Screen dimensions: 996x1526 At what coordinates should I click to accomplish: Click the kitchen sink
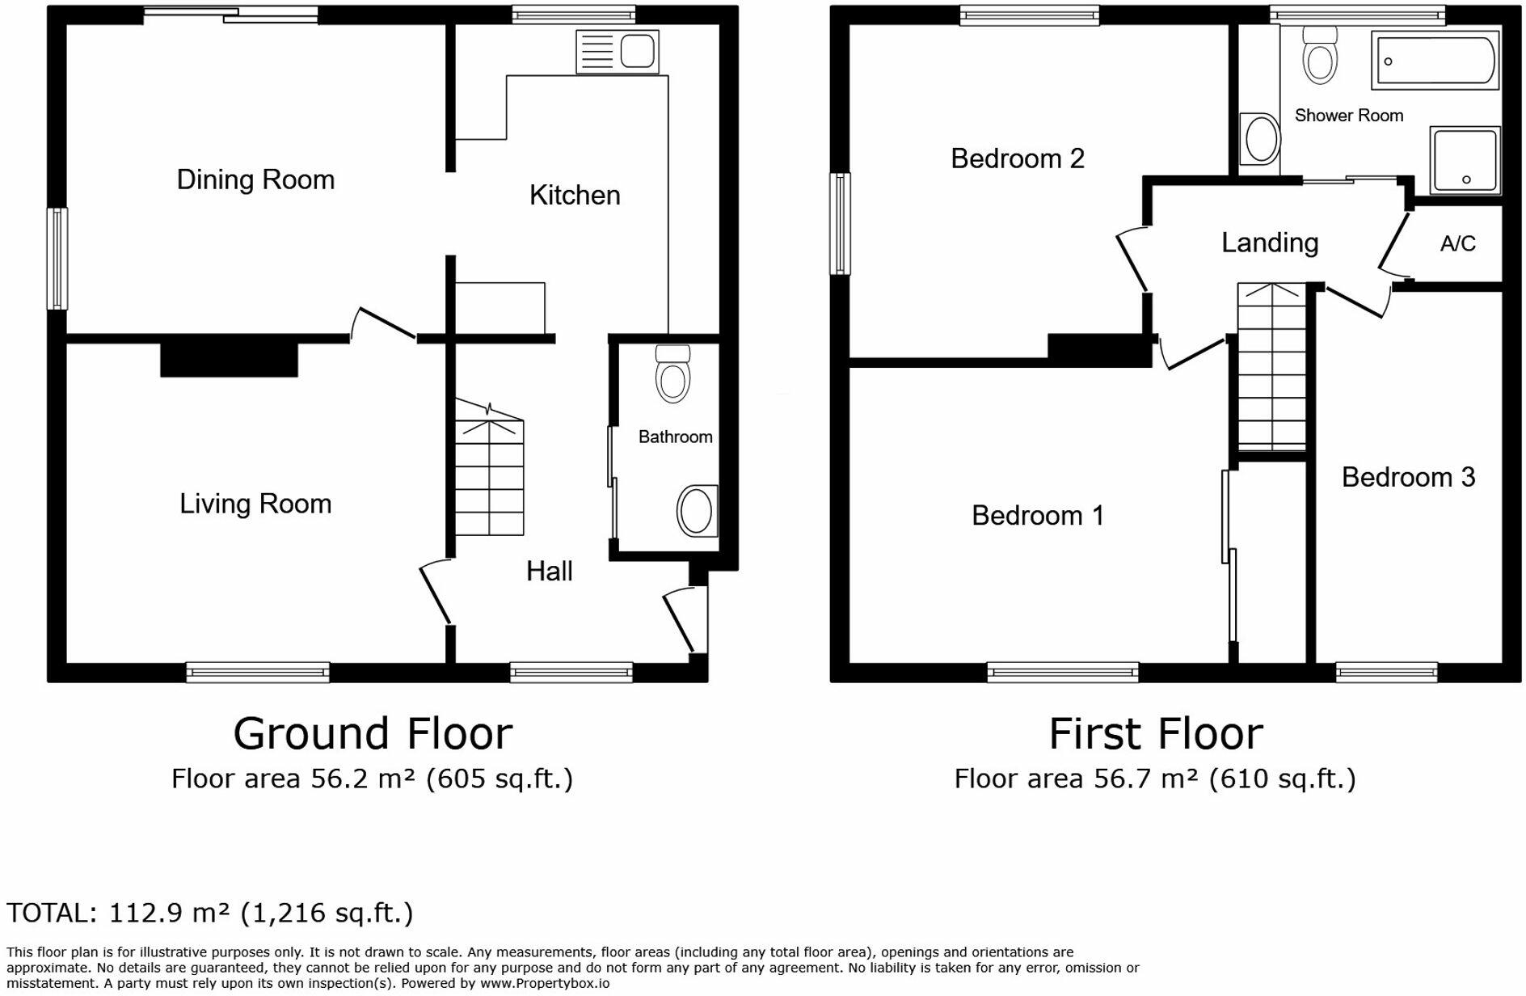(x=618, y=52)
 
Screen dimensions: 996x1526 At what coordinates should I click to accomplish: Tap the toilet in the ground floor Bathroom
(x=672, y=375)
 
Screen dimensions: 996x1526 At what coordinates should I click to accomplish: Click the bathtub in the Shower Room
(x=1435, y=61)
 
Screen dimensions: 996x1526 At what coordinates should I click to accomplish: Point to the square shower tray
(x=1465, y=159)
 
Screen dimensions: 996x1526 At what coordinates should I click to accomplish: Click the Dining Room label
(x=255, y=179)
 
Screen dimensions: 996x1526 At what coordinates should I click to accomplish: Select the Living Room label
(x=255, y=504)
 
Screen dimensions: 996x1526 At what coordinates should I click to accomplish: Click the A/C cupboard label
(x=1457, y=243)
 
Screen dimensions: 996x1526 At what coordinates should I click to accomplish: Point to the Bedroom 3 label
(x=1408, y=477)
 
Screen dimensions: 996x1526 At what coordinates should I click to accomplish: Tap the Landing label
(x=1269, y=243)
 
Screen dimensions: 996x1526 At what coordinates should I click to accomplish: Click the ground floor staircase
(x=489, y=477)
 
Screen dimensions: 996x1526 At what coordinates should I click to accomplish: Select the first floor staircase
(x=1272, y=368)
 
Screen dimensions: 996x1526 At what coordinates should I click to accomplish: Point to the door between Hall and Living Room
(x=435, y=592)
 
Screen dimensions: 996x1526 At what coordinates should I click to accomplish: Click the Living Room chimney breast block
(x=229, y=359)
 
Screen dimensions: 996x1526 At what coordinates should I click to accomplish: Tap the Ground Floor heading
(x=373, y=733)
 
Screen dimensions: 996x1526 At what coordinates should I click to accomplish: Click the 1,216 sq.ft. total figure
(x=327, y=913)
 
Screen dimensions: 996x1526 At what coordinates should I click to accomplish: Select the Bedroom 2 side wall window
(x=841, y=224)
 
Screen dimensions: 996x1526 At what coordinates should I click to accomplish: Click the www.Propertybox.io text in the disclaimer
(x=545, y=983)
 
